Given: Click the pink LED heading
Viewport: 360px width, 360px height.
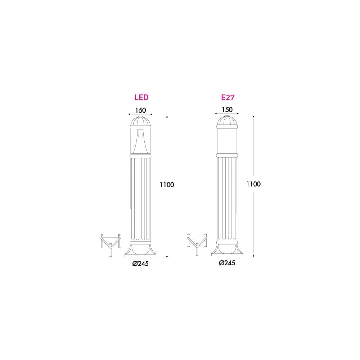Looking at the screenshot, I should [x=141, y=97].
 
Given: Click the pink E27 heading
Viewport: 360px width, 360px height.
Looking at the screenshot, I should [x=228, y=97].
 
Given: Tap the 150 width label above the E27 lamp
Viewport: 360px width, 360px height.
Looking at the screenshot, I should [x=227, y=109].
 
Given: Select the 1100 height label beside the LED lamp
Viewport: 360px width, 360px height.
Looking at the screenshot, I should [x=167, y=185].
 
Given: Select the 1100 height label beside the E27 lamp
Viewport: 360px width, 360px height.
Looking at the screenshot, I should [x=253, y=184].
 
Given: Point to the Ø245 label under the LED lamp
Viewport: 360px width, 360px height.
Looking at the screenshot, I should [x=140, y=264].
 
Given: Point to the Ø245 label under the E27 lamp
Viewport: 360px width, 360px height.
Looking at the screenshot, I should [x=227, y=263].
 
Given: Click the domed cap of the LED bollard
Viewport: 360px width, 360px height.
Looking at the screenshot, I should [x=140, y=122].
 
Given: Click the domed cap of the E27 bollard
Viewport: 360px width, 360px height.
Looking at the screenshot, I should [x=227, y=122].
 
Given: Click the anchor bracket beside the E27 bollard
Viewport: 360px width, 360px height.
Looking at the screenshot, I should [x=197, y=243].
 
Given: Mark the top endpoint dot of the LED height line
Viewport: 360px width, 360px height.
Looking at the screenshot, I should [x=167, y=117].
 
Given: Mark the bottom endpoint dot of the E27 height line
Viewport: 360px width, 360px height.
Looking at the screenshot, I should [x=254, y=256].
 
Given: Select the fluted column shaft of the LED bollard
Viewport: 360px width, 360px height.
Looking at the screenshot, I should [x=140, y=198].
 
